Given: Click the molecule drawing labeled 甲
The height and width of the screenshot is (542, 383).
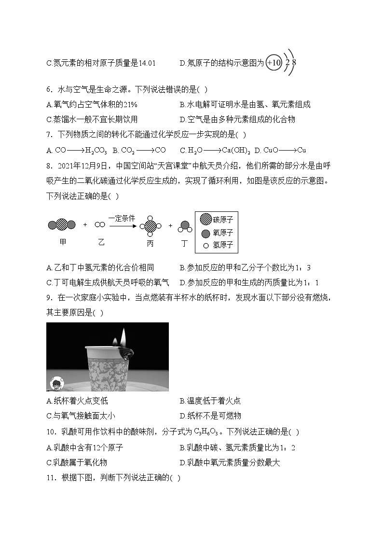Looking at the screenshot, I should (x=62, y=224).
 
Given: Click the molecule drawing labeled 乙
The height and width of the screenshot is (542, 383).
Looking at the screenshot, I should (x=100, y=224).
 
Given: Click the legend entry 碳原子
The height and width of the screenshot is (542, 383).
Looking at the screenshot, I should (x=216, y=219).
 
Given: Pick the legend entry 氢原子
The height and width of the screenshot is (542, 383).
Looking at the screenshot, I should (x=216, y=245).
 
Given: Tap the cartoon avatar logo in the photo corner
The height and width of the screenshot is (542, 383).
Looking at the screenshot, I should (x=56, y=384).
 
